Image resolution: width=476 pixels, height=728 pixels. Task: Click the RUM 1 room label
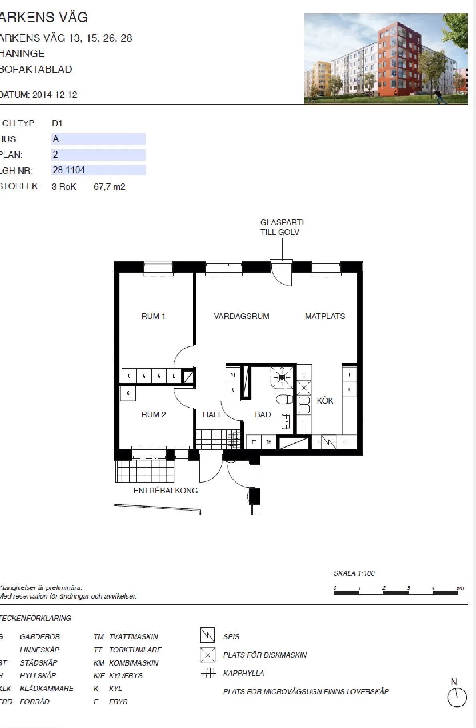(x=153, y=316)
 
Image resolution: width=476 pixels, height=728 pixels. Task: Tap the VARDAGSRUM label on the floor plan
(x=241, y=316)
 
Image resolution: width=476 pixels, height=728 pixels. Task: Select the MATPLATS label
(x=324, y=316)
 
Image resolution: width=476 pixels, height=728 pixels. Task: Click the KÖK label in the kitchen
(x=324, y=401)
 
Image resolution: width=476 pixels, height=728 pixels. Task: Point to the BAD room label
(x=263, y=414)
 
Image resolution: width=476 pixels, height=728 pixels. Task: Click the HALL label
(x=212, y=414)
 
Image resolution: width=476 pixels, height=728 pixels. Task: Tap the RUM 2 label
(x=153, y=414)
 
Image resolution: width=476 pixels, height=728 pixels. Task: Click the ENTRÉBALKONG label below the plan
(x=165, y=491)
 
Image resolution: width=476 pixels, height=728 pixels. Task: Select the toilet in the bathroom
(x=284, y=399)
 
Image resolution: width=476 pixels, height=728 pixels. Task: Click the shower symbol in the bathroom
(x=282, y=377)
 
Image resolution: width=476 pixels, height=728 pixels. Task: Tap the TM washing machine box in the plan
(x=269, y=442)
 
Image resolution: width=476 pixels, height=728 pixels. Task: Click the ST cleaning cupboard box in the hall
(x=233, y=375)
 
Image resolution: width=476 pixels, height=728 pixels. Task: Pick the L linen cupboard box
(x=174, y=376)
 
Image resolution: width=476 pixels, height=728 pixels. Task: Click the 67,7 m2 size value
(x=109, y=187)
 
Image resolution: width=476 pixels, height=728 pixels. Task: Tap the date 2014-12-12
(x=55, y=95)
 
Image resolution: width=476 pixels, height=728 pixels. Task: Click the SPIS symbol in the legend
(x=207, y=635)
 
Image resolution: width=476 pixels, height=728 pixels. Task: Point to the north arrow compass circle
(x=457, y=698)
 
